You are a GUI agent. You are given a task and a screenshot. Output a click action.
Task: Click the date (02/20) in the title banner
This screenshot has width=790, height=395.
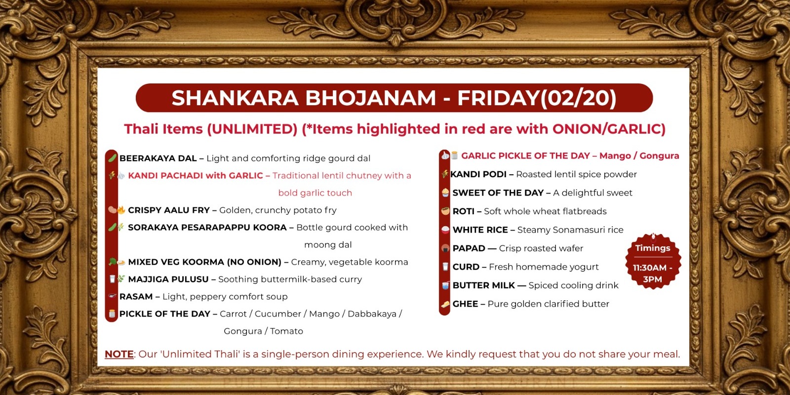(x=579, y=98)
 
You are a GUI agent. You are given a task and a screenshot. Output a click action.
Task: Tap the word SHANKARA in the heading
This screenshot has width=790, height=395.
(x=235, y=98)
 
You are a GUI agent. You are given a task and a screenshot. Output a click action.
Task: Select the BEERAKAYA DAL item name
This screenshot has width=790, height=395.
(x=158, y=158)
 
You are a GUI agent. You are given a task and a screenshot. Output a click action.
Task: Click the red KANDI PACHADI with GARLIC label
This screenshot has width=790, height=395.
(x=195, y=176)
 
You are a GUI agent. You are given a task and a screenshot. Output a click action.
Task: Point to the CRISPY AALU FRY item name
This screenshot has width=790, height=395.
(x=169, y=210)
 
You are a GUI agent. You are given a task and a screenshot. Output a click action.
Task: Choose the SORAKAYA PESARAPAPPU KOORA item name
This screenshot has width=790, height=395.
(x=207, y=228)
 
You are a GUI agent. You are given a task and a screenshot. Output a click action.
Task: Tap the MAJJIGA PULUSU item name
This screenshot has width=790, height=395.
(x=168, y=279)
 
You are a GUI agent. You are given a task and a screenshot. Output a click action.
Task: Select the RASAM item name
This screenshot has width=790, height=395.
(x=136, y=297)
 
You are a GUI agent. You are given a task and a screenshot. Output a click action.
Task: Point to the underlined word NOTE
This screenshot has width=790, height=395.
(x=119, y=354)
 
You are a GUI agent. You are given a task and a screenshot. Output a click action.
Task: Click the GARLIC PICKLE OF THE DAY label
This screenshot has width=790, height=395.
(x=525, y=156)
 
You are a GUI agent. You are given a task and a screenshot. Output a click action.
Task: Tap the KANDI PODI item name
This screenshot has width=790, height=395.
(x=478, y=174)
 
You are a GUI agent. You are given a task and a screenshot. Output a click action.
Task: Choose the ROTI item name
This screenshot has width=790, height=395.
(x=463, y=211)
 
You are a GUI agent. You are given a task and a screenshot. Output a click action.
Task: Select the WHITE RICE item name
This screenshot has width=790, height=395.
(x=480, y=230)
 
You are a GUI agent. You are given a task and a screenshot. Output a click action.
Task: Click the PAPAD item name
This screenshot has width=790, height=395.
(x=469, y=248)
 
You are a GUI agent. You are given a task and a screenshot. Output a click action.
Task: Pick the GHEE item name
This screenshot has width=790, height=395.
(x=465, y=304)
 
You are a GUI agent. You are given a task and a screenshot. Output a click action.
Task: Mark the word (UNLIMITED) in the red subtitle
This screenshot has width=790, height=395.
(x=252, y=129)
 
